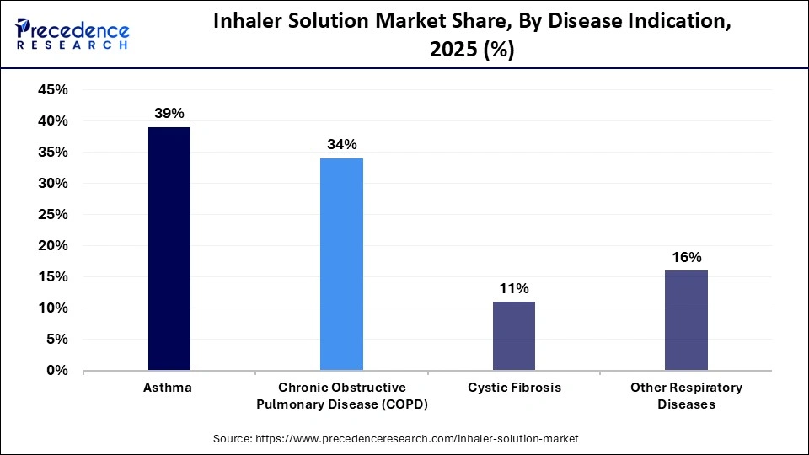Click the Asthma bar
pyautogui.click(x=169, y=249)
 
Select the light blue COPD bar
pyautogui.click(x=341, y=264)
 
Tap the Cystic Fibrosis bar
pyautogui.click(x=513, y=335)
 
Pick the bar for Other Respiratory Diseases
pyautogui.click(x=686, y=320)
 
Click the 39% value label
pyautogui.click(x=169, y=114)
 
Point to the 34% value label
pyautogui.click(x=341, y=145)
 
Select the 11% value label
pyautogui.click(x=513, y=288)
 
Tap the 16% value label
pyautogui.click(x=686, y=257)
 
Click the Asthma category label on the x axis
pyautogui.click(x=169, y=388)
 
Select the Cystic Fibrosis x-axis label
pyautogui.click(x=513, y=388)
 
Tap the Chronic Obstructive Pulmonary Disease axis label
pyautogui.click(x=341, y=395)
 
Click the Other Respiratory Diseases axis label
pyautogui.click(x=686, y=395)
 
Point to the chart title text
pyautogui.click(x=471, y=35)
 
